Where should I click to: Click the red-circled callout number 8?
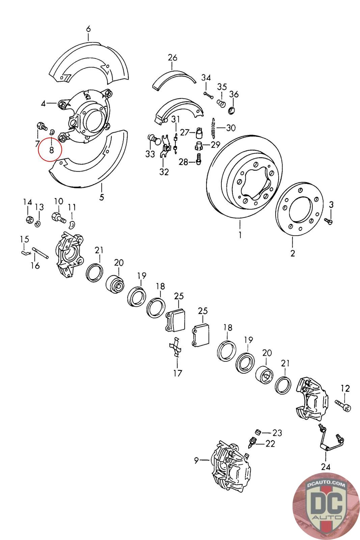point(51,150)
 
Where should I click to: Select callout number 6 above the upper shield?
point(88,29)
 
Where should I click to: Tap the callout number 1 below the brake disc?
point(240,234)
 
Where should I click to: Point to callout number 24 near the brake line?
point(326,467)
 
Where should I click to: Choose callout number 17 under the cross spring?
point(177,373)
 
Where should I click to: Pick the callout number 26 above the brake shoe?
point(172,58)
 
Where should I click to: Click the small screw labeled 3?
point(328,221)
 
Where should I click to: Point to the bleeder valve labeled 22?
point(252,442)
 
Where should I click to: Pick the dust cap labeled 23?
point(258,432)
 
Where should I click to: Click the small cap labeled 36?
point(232,110)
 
